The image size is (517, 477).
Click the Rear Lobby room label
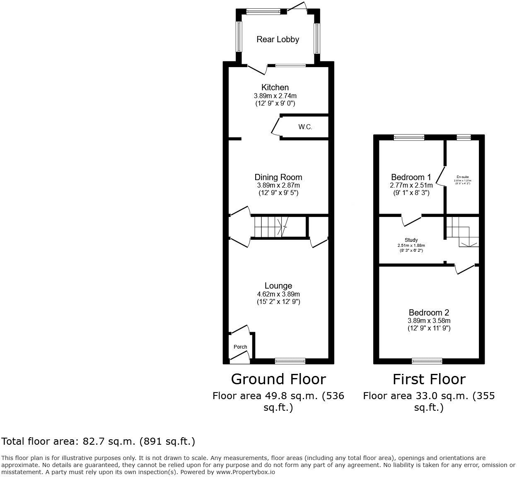(x=278, y=39)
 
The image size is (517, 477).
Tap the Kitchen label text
(x=275, y=87)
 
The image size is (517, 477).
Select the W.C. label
(x=305, y=127)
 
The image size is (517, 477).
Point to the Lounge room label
(x=278, y=286)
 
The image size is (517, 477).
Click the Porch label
(x=240, y=347)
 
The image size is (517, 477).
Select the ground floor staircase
(x=270, y=226)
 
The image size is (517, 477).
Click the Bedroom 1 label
(x=408, y=177)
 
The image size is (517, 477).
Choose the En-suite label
(x=463, y=177)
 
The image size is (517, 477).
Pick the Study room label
(x=411, y=240)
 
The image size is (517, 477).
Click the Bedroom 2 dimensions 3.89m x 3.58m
(x=429, y=320)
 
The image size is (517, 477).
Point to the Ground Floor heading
(x=278, y=379)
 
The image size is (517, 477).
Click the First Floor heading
(x=429, y=379)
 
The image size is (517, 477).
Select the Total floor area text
(x=98, y=441)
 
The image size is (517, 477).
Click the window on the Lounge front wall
(x=290, y=361)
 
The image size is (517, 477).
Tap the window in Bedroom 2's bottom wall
(x=427, y=361)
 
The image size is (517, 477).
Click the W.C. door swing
(x=275, y=127)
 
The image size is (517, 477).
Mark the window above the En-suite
(x=464, y=137)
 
